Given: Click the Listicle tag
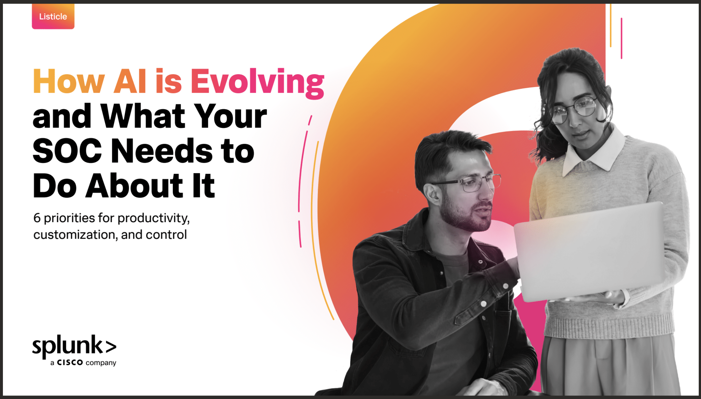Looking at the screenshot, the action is (x=53, y=16).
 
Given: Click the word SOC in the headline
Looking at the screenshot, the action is (x=67, y=151).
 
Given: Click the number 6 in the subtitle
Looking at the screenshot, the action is (x=37, y=218).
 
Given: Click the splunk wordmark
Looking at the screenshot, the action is (x=74, y=346).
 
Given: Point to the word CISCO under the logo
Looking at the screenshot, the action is (x=70, y=362).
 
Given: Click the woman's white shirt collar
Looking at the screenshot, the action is (x=594, y=152).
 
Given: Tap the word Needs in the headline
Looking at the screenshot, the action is (x=162, y=151).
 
